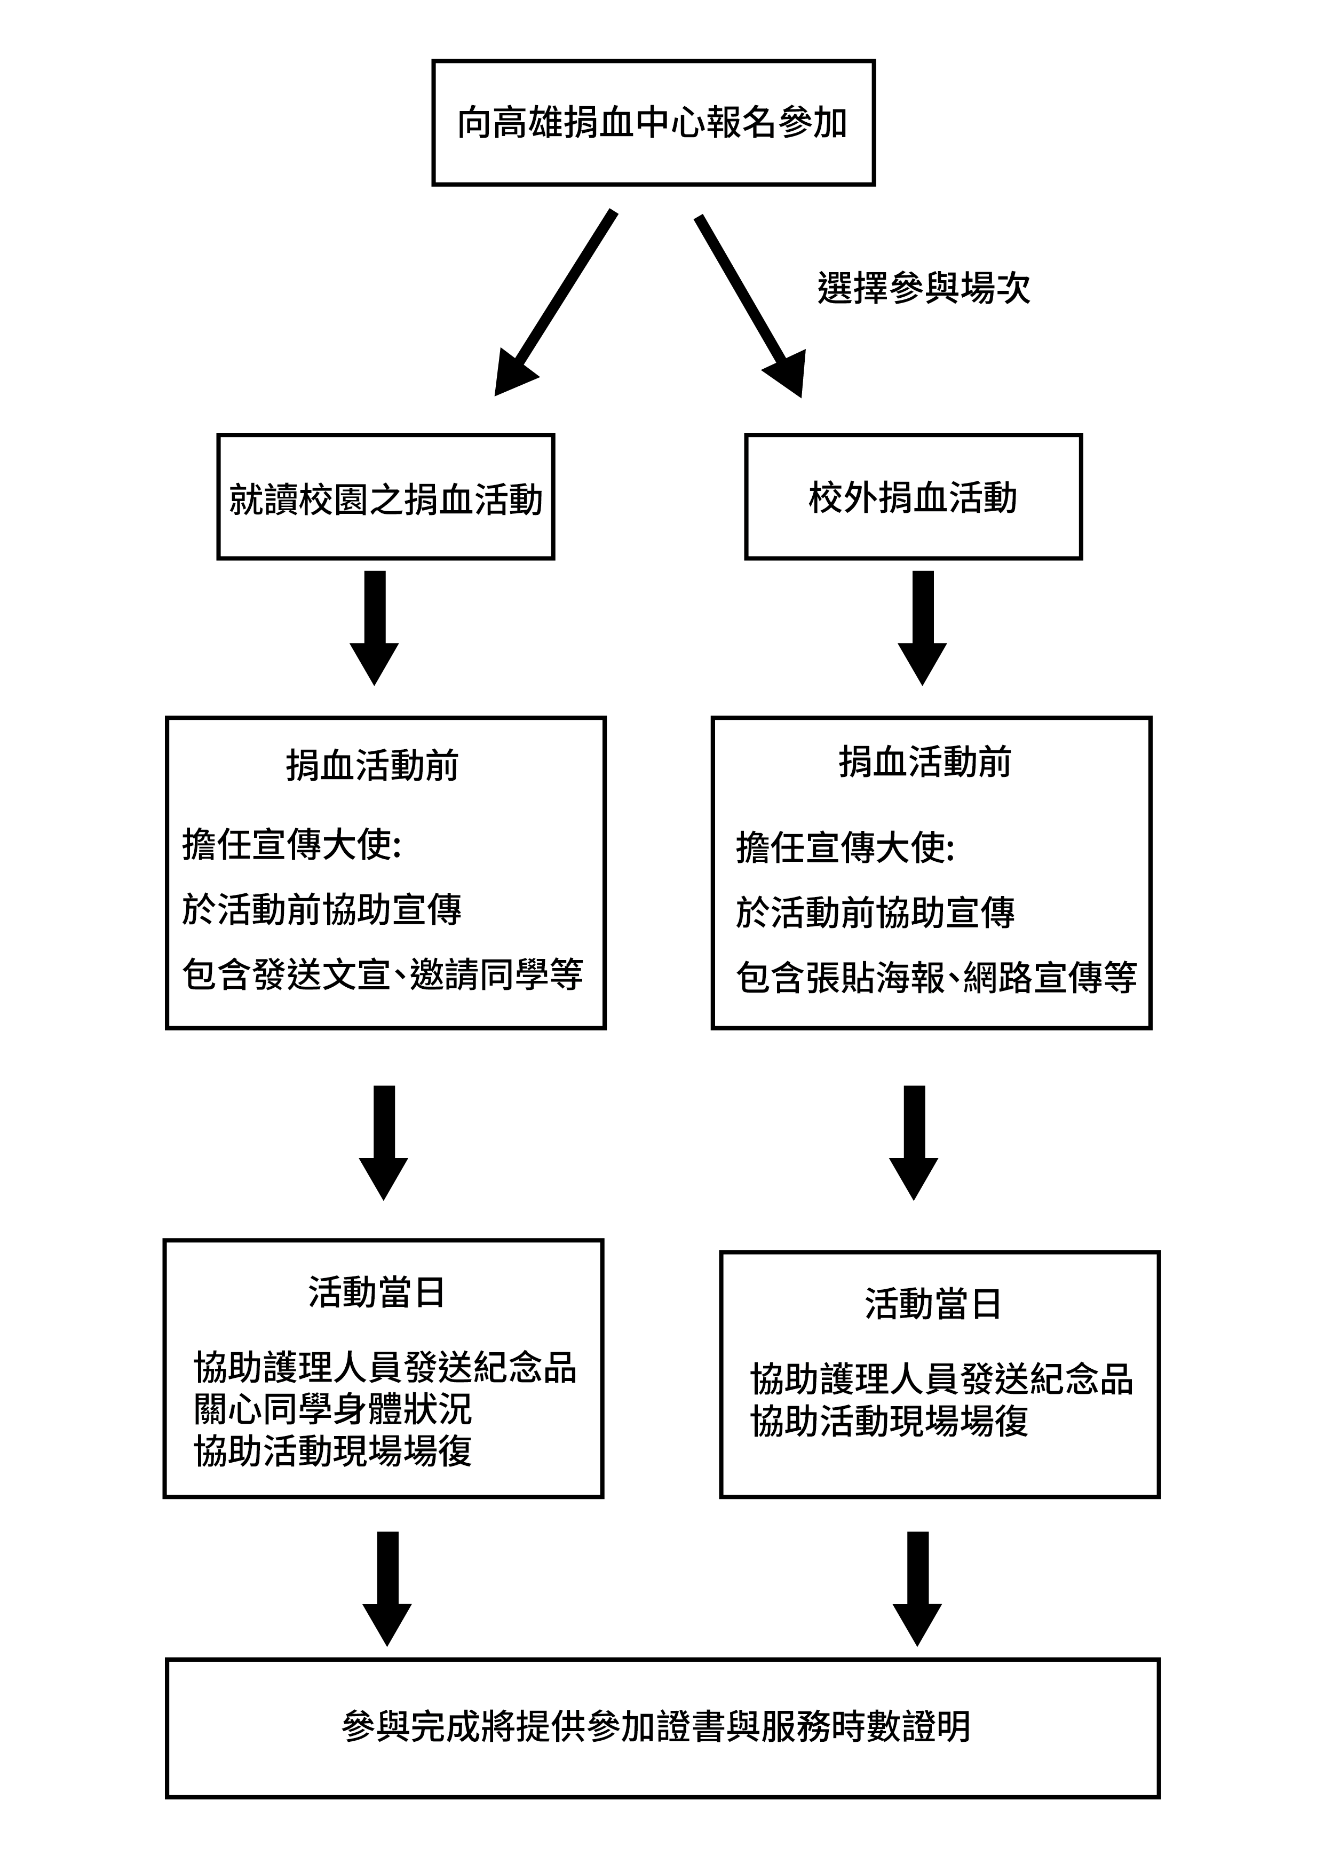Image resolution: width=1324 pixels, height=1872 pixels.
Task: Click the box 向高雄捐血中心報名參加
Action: click(653, 122)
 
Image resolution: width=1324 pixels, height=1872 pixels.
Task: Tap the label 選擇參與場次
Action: click(924, 288)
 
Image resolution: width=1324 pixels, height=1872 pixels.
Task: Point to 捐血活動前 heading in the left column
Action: click(372, 765)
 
